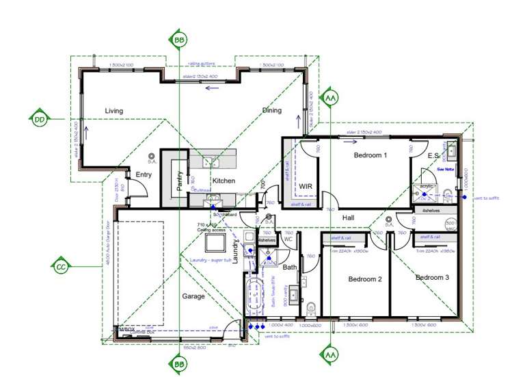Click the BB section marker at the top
click(x=179, y=40)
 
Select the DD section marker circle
click(x=40, y=119)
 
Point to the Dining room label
click(x=272, y=110)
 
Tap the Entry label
click(x=144, y=174)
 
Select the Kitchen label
click(x=224, y=181)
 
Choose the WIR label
click(x=305, y=185)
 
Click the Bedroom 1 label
click(x=370, y=155)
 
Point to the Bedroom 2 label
click(x=364, y=279)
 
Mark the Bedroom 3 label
click(x=432, y=277)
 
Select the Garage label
click(x=193, y=297)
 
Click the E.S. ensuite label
click(x=433, y=156)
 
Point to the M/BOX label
click(x=127, y=330)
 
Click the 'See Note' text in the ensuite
click(x=446, y=168)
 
